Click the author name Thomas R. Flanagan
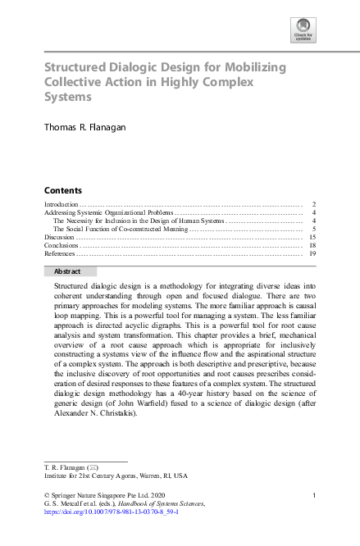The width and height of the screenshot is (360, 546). [86, 127]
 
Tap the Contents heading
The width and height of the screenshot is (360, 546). [62, 189]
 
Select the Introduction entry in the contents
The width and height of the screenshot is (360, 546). [61, 203]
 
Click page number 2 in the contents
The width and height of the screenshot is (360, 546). [315, 203]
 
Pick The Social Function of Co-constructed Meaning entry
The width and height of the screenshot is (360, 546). [121, 229]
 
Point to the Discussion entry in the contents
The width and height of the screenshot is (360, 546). [58, 237]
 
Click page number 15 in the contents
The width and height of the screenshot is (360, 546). [312, 237]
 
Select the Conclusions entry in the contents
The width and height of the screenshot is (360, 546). [61, 245]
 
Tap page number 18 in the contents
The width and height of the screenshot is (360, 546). [312, 245]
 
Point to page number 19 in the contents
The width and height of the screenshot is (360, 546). [312, 253]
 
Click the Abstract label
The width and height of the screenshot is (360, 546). [67, 271]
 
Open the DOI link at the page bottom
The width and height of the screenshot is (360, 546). [111, 511]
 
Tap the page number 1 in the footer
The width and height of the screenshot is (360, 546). [315, 494]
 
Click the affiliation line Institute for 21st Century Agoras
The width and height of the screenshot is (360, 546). [115, 475]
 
